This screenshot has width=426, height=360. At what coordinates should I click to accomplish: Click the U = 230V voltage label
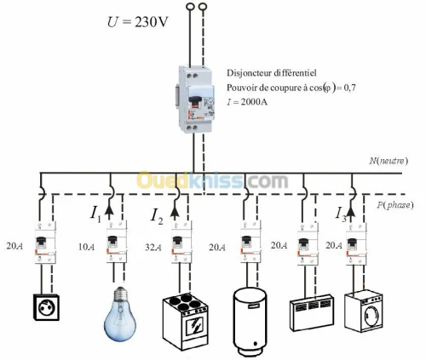pos(138,22)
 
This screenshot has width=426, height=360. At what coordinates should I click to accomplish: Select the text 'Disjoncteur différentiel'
pos(271,73)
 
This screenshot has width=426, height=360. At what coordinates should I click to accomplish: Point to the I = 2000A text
pos(247,101)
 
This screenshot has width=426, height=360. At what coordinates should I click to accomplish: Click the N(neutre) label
pos(389,161)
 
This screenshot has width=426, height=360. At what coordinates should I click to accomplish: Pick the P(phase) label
pos(395,205)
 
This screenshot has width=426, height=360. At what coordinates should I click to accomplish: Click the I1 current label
pos(95,214)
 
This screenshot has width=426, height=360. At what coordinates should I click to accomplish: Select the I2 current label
pos(157,216)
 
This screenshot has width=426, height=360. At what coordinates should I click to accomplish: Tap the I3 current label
pos(341,214)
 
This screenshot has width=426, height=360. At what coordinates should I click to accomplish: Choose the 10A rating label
pos(87,247)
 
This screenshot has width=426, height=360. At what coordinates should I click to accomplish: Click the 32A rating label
pos(153,248)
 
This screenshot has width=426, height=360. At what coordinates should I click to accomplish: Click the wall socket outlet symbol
pos(46,307)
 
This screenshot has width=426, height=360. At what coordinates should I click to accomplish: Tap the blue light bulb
pos(120,314)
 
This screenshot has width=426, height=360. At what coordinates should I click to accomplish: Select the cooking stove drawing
pos(185,321)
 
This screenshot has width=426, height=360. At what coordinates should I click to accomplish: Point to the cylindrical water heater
pos(250,322)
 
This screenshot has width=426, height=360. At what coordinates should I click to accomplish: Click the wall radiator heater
pos(312,312)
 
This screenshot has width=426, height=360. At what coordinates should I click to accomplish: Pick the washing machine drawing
pos(364,311)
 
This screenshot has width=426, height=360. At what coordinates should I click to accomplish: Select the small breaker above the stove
pos(181,242)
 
